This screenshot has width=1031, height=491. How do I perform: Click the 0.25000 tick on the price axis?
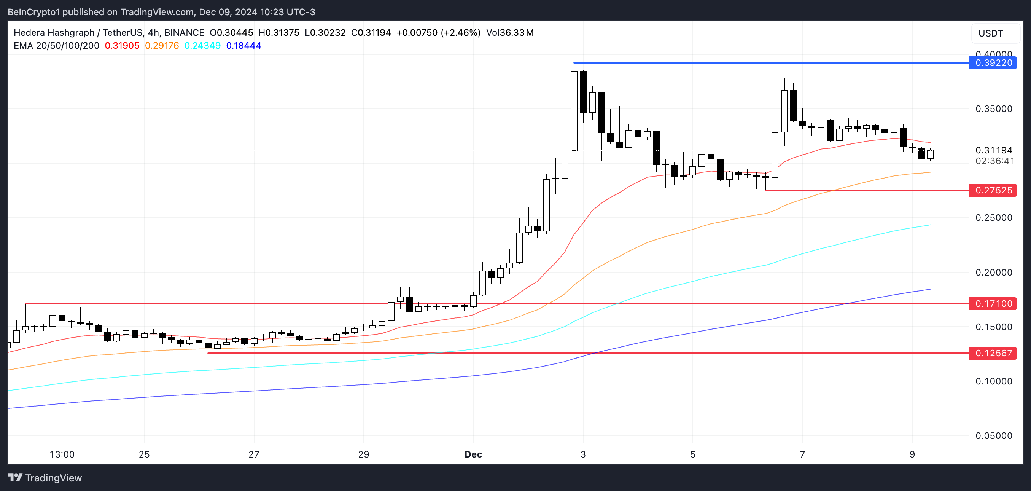[993, 218]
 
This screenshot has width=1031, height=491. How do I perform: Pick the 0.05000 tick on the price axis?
[993, 436]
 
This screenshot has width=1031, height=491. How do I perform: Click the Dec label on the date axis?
[473, 454]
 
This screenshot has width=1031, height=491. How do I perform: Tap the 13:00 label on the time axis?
[62, 454]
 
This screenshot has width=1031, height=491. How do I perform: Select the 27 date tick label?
[254, 454]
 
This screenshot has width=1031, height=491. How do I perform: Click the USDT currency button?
[991, 33]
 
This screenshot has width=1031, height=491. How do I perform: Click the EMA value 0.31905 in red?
[122, 46]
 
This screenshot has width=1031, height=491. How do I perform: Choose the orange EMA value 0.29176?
[162, 46]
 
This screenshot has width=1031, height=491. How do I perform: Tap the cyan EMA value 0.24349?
[202, 46]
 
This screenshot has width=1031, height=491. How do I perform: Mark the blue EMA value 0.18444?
[243, 46]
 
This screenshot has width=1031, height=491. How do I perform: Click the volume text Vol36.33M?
[509, 33]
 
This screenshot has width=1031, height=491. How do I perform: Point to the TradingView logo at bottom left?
[45, 478]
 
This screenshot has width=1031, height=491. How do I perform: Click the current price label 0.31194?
[993, 150]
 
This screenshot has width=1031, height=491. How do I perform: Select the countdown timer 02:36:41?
[994, 161]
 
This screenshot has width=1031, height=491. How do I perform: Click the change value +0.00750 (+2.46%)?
[438, 33]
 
